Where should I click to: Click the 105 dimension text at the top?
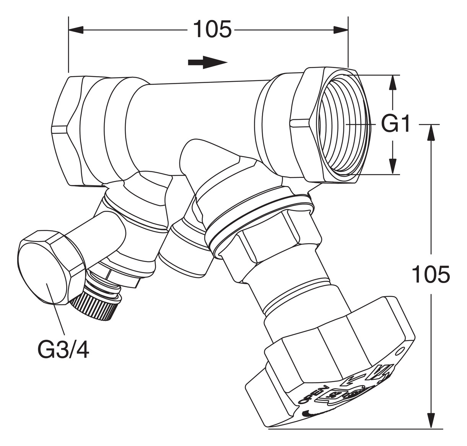coord(212,29)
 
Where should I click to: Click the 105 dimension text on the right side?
coord(430,274)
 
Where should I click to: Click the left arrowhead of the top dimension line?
coord(76,30)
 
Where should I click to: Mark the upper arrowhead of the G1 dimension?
coord(392,82)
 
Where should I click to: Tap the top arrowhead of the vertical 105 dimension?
coord(431,132)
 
